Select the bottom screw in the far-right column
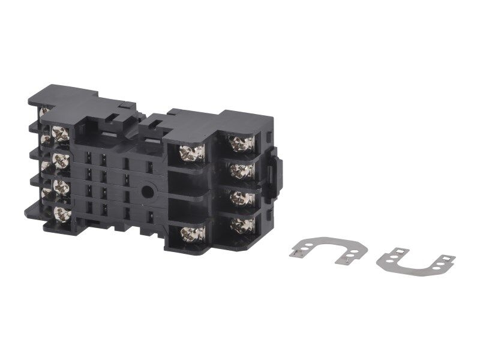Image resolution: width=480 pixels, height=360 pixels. [x=242, y=224]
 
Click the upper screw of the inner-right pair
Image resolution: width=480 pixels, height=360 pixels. [x=193, y=152]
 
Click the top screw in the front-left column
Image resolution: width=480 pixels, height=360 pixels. [x=60, y=134]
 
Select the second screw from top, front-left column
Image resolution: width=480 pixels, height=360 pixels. [x=60, y=160]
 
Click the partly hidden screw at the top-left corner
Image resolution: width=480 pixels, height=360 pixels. [x=43, y=112]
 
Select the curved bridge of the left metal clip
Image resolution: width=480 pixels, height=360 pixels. [x=321, y=239]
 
